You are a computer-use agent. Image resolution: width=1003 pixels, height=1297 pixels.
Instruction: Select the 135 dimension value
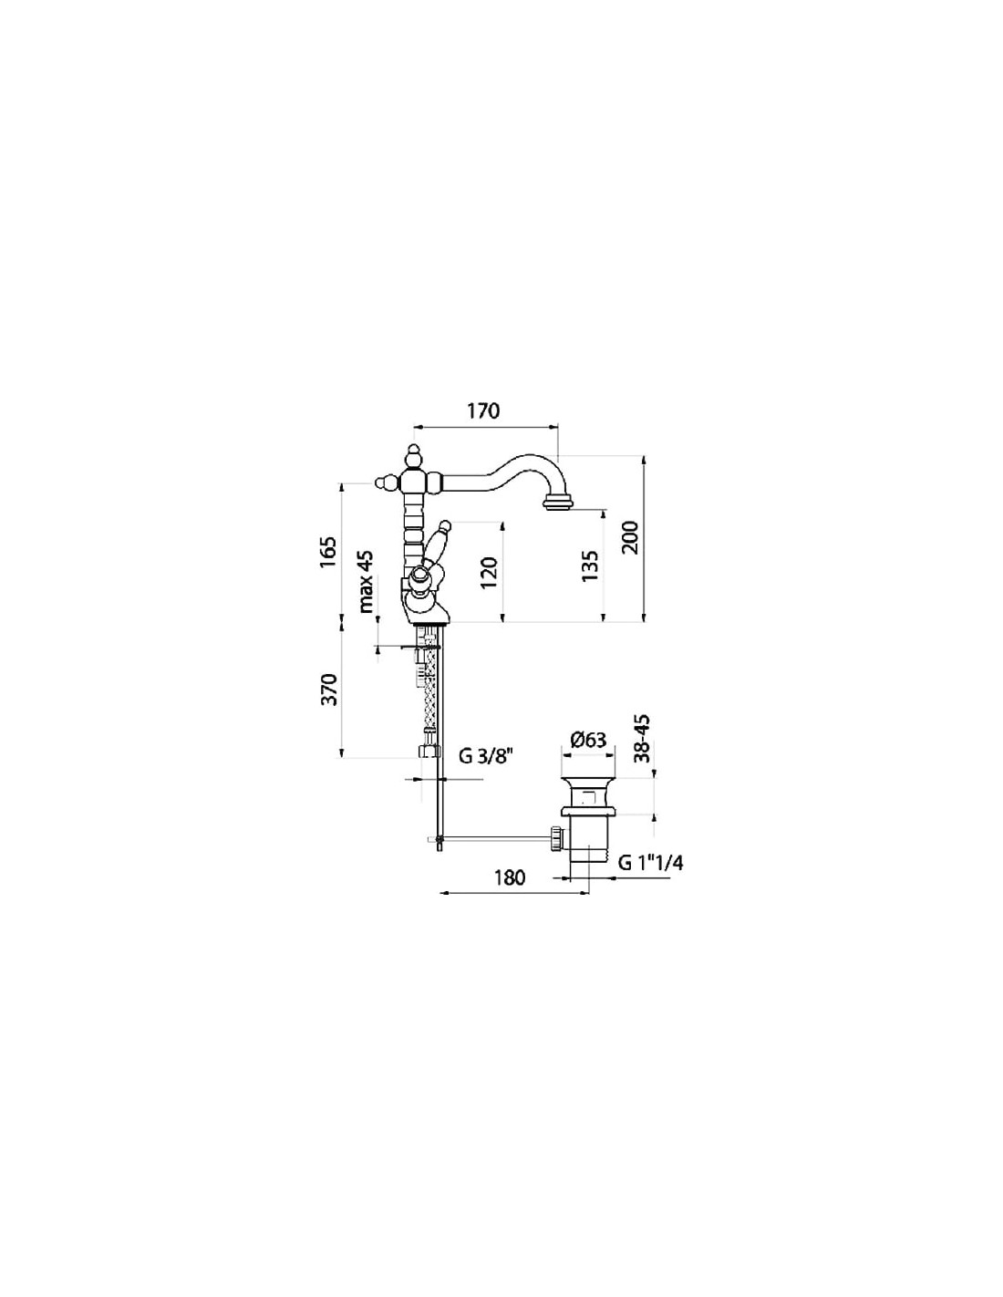point(588,566)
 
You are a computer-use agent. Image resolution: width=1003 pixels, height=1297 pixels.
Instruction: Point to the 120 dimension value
point(489,573)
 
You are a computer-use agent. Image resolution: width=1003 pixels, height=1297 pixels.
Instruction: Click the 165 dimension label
point(329,553)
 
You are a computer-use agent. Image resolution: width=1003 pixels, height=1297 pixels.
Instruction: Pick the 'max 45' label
point(366,581)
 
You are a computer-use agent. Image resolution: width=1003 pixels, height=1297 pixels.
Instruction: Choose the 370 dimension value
point(329,690)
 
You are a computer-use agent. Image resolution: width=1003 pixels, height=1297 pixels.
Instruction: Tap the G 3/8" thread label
point(486,757)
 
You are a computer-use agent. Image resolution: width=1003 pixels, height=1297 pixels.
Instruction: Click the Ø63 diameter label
point(588,741)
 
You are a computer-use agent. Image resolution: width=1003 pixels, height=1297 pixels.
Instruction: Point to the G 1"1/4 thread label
point(650,863)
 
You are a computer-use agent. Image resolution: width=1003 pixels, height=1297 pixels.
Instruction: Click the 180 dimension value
point(510,878)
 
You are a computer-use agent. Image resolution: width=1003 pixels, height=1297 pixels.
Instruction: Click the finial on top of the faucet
point(413,457)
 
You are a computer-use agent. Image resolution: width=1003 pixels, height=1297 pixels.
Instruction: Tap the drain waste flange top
point(588,780)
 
